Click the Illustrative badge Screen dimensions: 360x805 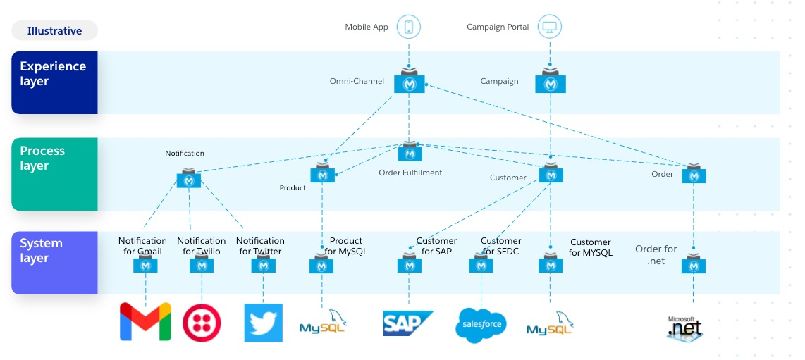[54, 31]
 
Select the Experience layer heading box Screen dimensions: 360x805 [54, 82]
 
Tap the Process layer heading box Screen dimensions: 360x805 [54, 174]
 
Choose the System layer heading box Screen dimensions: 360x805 [54, 262]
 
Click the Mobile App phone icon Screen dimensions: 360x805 [409, 27]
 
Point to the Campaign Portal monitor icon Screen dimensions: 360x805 [550, 27]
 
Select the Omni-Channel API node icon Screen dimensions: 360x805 [410, 82]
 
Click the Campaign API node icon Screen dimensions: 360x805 [550, 82]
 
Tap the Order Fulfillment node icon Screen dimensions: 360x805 [410, 152]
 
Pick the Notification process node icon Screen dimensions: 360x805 [189, 179]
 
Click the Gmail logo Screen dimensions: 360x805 [145, 322]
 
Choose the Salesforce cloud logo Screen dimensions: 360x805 [481, 324]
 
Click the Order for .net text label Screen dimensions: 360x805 [656, 254]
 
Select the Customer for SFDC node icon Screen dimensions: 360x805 [481, 265]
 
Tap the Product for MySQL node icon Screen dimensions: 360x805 [321, 266]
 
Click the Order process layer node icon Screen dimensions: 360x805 [694, 174]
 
